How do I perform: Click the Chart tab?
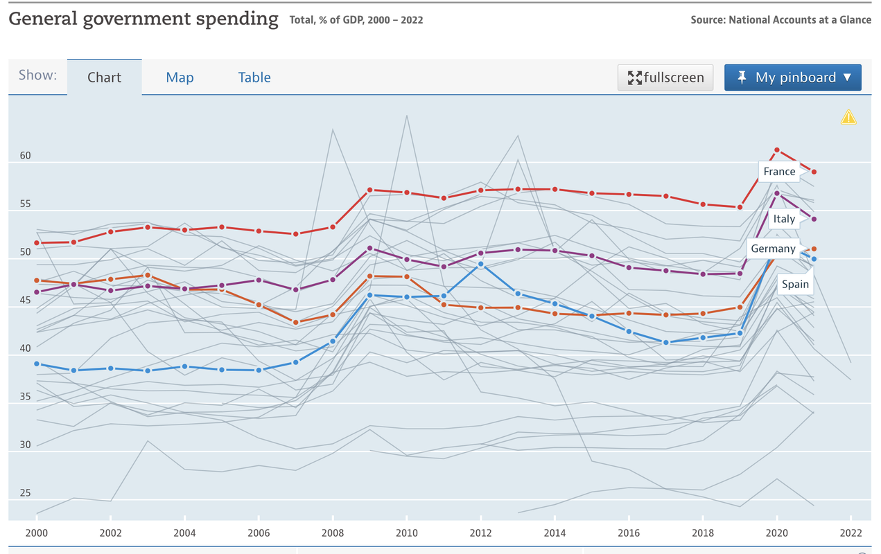(104, 78)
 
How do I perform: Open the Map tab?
(180, 78)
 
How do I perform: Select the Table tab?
(254, 78)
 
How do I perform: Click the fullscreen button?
(665, 78)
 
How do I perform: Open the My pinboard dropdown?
(792, 78)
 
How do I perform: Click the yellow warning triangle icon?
(848, 117)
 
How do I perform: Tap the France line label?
(779, 172)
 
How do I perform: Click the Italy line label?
(784, 219)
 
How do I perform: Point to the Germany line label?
(773, 249)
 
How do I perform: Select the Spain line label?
(795, 284)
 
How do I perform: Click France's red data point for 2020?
(777, 150)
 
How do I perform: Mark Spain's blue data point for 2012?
(481, 264)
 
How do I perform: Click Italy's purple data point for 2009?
(369, 248)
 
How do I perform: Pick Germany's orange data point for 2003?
(148, 276)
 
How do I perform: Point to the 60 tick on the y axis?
(25, 156)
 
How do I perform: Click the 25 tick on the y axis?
(25, 493)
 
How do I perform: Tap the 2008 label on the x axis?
(333, 533)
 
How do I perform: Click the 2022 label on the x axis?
(851, 533)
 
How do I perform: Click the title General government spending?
(143, 19)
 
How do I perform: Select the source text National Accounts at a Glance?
(800, 20)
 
